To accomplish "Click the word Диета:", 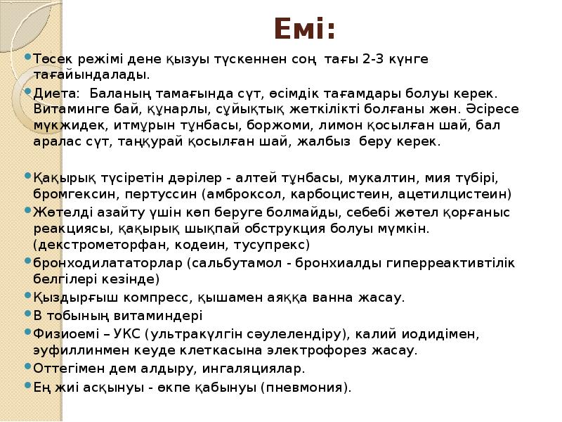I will (54, 93).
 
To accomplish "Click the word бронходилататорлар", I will (107, 262).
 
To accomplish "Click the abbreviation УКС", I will (133, 332).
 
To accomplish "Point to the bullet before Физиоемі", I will (27, 332).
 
